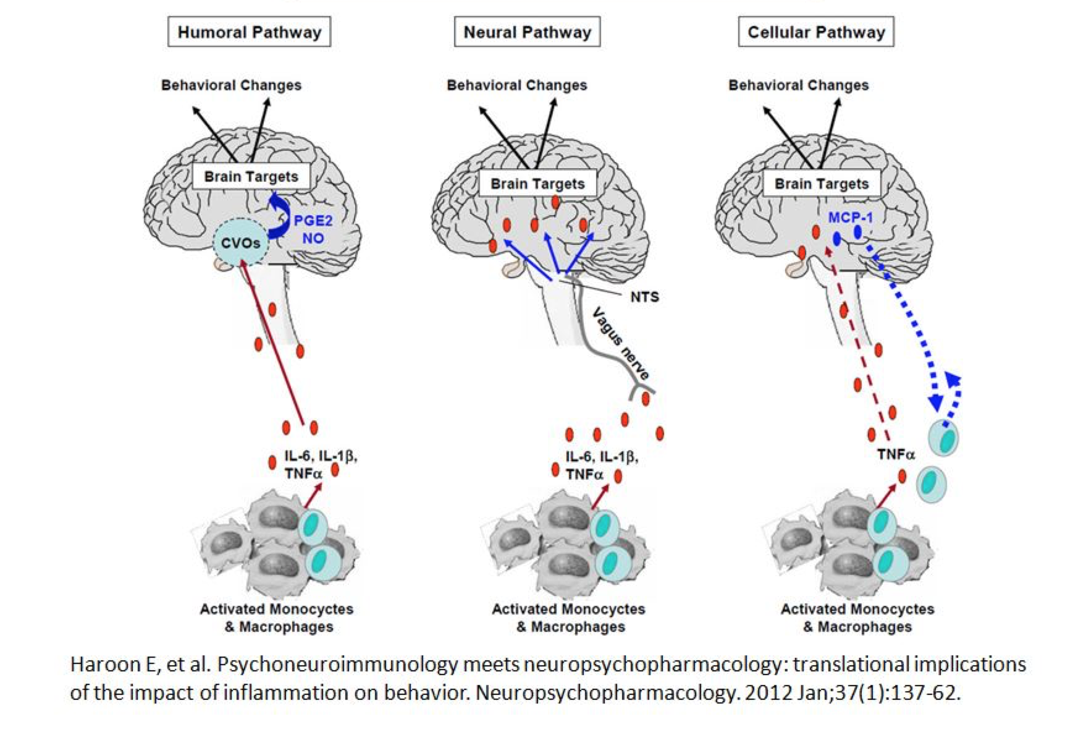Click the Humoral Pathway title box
(249, 32)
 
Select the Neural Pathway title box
(527, 32)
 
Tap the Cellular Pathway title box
(815, 32)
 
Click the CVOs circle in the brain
(241, 243)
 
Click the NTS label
(644, 297)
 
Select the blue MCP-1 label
(850, 218)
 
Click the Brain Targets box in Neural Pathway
(537, 184)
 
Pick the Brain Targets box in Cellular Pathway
(822, 184)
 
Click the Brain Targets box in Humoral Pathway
(251, 177)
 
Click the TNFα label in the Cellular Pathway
(896, 455)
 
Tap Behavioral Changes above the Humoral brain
(231, 85)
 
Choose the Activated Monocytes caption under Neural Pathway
(568, 610)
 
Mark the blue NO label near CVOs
(313, 239)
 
